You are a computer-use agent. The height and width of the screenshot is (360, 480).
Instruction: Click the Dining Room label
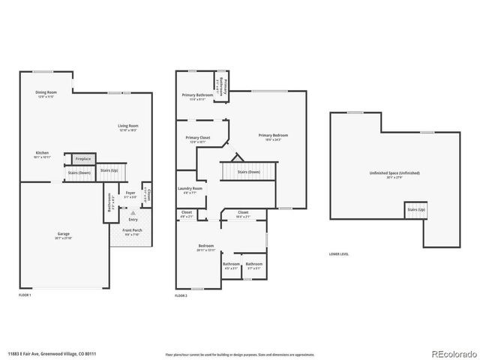tap(46, 93)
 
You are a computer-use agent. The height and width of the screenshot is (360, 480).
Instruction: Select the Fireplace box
tap(82, 158)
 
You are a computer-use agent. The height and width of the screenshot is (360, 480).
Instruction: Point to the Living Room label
tap(128, 127)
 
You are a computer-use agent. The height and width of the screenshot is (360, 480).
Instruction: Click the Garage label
tap(64, 235)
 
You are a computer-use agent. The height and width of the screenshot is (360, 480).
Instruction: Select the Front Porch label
tap(132, 230)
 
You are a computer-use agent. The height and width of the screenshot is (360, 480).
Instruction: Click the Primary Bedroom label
tap(269, 136)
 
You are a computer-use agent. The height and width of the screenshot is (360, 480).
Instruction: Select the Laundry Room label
tap(190, 189)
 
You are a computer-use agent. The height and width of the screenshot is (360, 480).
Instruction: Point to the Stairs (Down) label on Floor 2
tap(249, 172)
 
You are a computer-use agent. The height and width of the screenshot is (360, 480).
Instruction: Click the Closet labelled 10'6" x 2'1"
tap(243, 213)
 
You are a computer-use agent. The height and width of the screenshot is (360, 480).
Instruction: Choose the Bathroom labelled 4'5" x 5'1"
tap(231, 265)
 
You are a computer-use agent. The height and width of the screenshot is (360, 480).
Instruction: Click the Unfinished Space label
tap(394, 173)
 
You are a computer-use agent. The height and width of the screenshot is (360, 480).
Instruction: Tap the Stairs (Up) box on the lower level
tap(415, 209)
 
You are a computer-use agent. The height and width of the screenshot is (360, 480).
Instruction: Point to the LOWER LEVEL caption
tap(339, 253)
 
